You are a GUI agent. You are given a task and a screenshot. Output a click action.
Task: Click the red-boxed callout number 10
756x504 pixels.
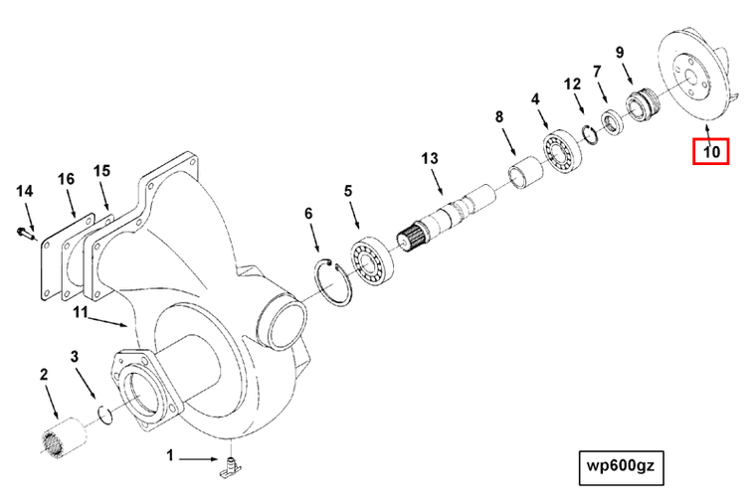coord(711,152)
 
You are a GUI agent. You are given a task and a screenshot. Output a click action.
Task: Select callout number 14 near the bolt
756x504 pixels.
coord(25,190)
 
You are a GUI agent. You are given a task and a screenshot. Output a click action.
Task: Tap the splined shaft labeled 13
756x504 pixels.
coord(448,220)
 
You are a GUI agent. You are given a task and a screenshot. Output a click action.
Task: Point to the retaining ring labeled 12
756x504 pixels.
coord(588,137)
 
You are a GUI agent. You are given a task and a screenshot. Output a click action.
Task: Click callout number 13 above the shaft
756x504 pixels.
coord(429,159)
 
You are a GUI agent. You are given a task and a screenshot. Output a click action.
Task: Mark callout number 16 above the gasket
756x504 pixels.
coord(66,179)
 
